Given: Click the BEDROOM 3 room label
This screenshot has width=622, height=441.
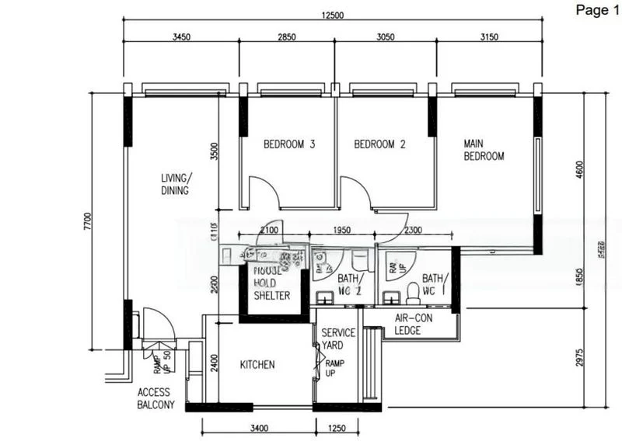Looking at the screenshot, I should tap(289, 144).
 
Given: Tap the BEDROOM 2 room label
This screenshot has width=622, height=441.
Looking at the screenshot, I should tap(380, 144).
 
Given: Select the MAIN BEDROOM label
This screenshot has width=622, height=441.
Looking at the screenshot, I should tap(484, 150).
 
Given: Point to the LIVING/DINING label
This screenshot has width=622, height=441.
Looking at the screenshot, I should tap(175, 184).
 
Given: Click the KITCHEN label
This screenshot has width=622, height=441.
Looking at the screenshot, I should tap(257, 364).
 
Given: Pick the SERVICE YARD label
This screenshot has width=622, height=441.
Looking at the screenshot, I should tap(338, 339).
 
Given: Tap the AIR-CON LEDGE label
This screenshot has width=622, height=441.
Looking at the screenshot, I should tap(413, 324).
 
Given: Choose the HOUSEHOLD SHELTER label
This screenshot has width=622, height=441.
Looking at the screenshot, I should tap(271, 283).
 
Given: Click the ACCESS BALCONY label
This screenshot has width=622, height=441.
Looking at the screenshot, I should tap(156, 398).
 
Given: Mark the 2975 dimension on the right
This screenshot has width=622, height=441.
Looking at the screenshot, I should tap(578, 357).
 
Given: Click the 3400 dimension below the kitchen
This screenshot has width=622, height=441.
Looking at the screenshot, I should tap(259, 428).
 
